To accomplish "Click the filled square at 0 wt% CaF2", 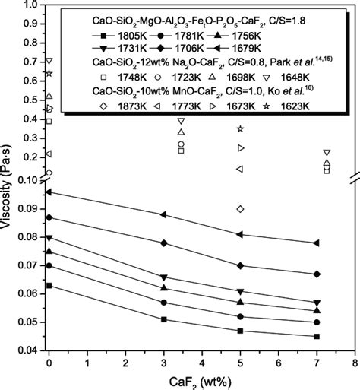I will pos(49,285).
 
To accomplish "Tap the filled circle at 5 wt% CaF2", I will pos(241,316).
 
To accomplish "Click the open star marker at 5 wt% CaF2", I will pos(241,128).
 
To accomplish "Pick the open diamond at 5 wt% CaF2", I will pos(241,208).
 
